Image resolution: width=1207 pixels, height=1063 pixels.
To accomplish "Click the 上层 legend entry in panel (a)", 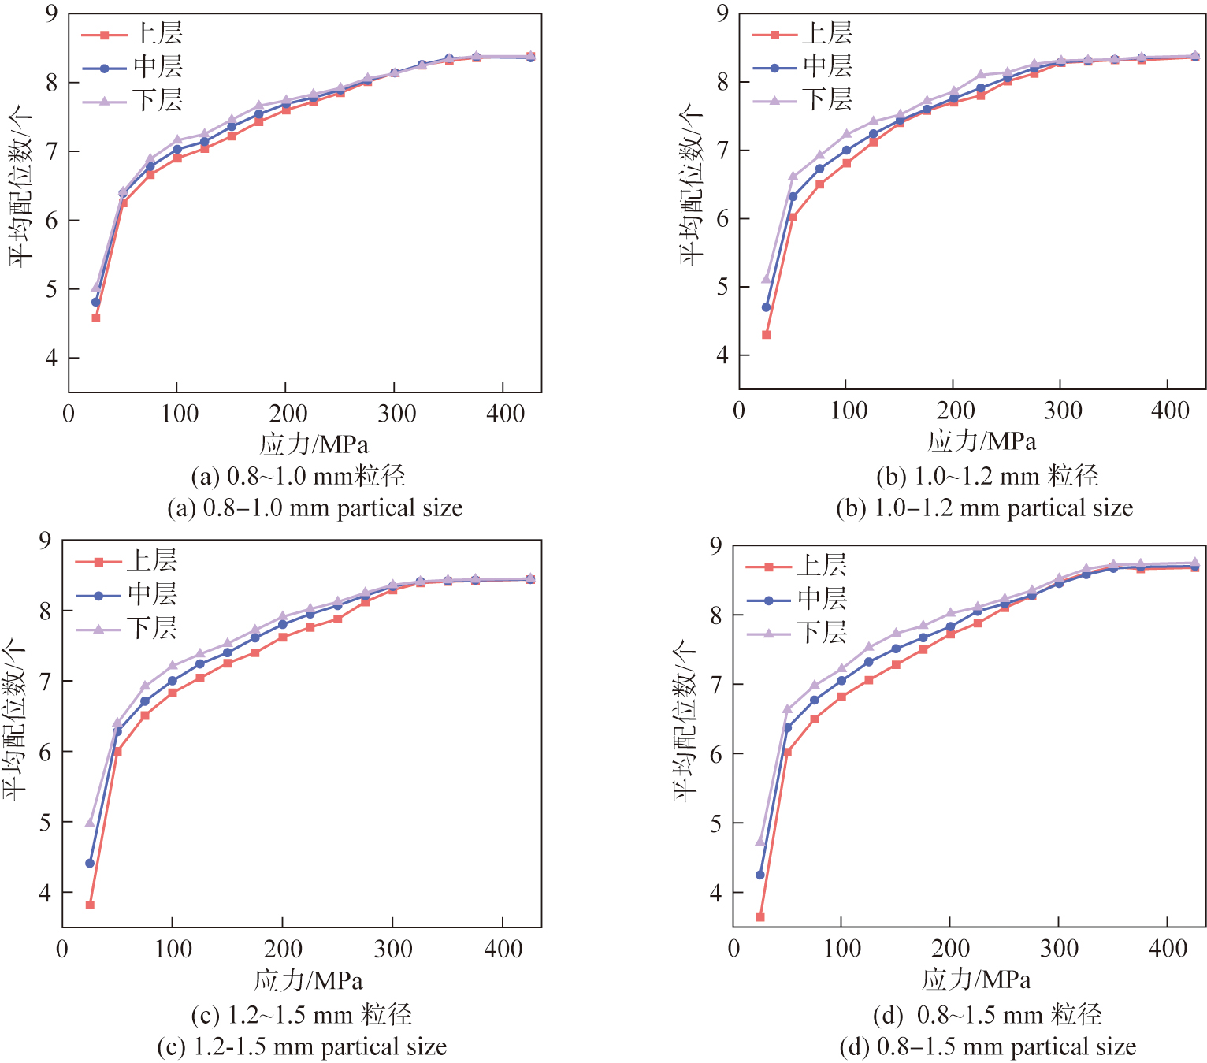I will [x=132, y=34].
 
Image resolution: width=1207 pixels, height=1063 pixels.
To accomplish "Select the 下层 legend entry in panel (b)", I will [x=802, y=100].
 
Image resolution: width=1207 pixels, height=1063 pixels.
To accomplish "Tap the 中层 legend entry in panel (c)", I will [x=126, y=595].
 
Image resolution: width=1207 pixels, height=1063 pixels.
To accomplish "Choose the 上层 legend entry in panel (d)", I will [x=796, y=566].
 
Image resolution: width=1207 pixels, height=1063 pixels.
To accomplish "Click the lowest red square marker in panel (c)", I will [x=90, y=905].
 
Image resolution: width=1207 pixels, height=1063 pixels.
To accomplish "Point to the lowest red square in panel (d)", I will [x=760, y=917].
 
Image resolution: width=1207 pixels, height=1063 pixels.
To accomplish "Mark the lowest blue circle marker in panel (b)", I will [x=766, y=307].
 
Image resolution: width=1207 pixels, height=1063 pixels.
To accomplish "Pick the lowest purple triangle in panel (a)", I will [x=96, y=287].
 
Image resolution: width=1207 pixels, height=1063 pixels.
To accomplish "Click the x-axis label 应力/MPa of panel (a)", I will [x=314, y=444].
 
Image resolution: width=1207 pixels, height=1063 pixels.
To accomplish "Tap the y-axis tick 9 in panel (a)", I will [x=51, y=14].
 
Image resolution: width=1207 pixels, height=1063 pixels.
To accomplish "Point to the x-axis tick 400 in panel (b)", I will [x=1169, y=411].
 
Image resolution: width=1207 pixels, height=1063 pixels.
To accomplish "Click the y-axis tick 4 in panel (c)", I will [x=45, y=893].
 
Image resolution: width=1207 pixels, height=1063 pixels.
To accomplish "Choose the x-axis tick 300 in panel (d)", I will [x=1059, y=948].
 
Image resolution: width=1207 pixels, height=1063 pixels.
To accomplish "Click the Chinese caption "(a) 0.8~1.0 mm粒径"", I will [x=298, y=476].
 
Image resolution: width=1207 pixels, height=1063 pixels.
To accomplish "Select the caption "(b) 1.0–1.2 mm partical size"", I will [x=984, y=508].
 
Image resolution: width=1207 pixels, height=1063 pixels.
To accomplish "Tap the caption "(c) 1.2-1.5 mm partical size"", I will [x=302, y=1047].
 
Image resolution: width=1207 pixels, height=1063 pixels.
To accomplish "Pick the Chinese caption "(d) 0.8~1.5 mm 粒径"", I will [x=986, y=1015].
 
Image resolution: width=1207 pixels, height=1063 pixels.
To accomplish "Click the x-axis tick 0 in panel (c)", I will [x=62, y=949].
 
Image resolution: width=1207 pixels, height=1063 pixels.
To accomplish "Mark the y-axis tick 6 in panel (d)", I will [x=715, y=754].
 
